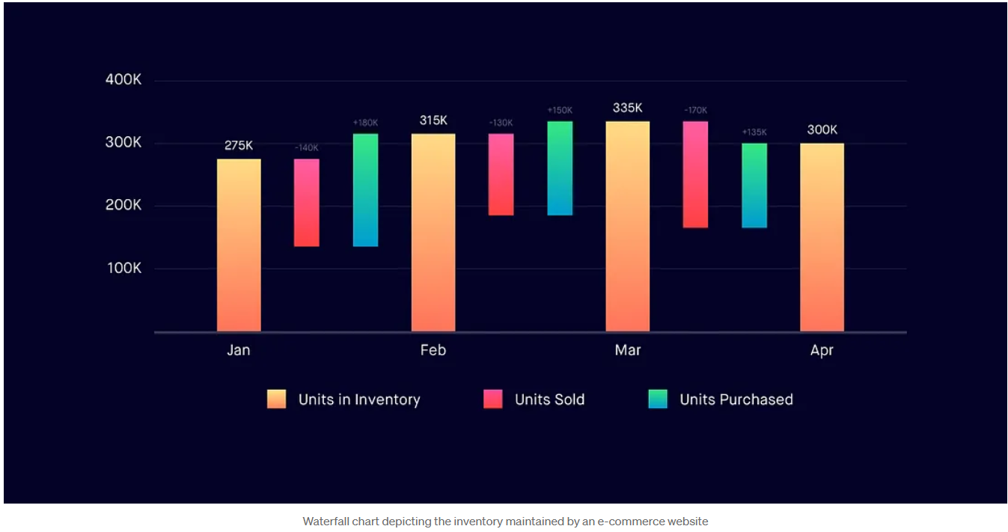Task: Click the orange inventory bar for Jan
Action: click(239, 245)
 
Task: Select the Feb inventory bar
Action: click(433, 232)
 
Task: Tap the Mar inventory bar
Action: click(627, 226)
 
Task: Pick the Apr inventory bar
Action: click(822, 237)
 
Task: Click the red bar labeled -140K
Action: click(306, 202)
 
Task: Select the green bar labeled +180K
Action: click(365, 190)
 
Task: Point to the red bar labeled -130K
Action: click(501, 174)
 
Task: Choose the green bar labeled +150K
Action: click(560, 168)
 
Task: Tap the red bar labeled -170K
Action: click(695, 174)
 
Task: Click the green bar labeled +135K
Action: click(754, 186)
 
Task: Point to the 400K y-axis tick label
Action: click(123, 80)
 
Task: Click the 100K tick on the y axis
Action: click(123, 268)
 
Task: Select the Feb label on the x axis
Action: click(433, 350)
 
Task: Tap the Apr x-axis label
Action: click(822, 350)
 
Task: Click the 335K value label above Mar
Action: click(627, 108)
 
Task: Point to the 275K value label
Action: click(239, 145)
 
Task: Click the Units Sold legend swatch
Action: click(493, 399)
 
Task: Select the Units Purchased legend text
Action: click(736, 400)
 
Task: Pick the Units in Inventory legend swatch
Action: click(276, 399)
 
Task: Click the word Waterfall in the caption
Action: click(326, 522)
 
